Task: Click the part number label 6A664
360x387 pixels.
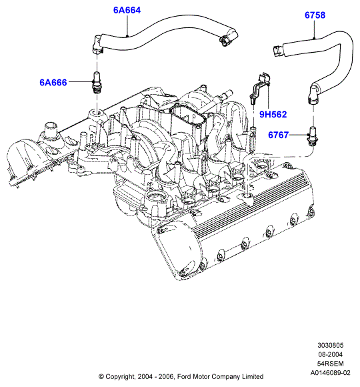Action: [127, 10]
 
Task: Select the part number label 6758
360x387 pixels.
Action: [315, 15]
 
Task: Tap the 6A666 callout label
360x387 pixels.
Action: [53, 82]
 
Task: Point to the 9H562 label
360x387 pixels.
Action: [273, 114]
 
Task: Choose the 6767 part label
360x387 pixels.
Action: [278, 135]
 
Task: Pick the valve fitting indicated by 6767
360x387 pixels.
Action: [312, 136]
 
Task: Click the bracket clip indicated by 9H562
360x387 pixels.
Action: [260, 87]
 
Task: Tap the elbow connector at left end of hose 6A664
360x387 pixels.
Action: [97, 45]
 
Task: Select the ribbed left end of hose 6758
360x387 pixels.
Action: [278, 51]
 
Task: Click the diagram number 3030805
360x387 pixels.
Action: [330, 345]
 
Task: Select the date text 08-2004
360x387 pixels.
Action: [330, 354]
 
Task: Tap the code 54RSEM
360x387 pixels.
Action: [330, 364]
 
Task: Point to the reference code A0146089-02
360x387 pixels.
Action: [330, 373]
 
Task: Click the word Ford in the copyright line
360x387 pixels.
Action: [184, 376]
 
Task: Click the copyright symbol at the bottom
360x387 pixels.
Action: [101, 376]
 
